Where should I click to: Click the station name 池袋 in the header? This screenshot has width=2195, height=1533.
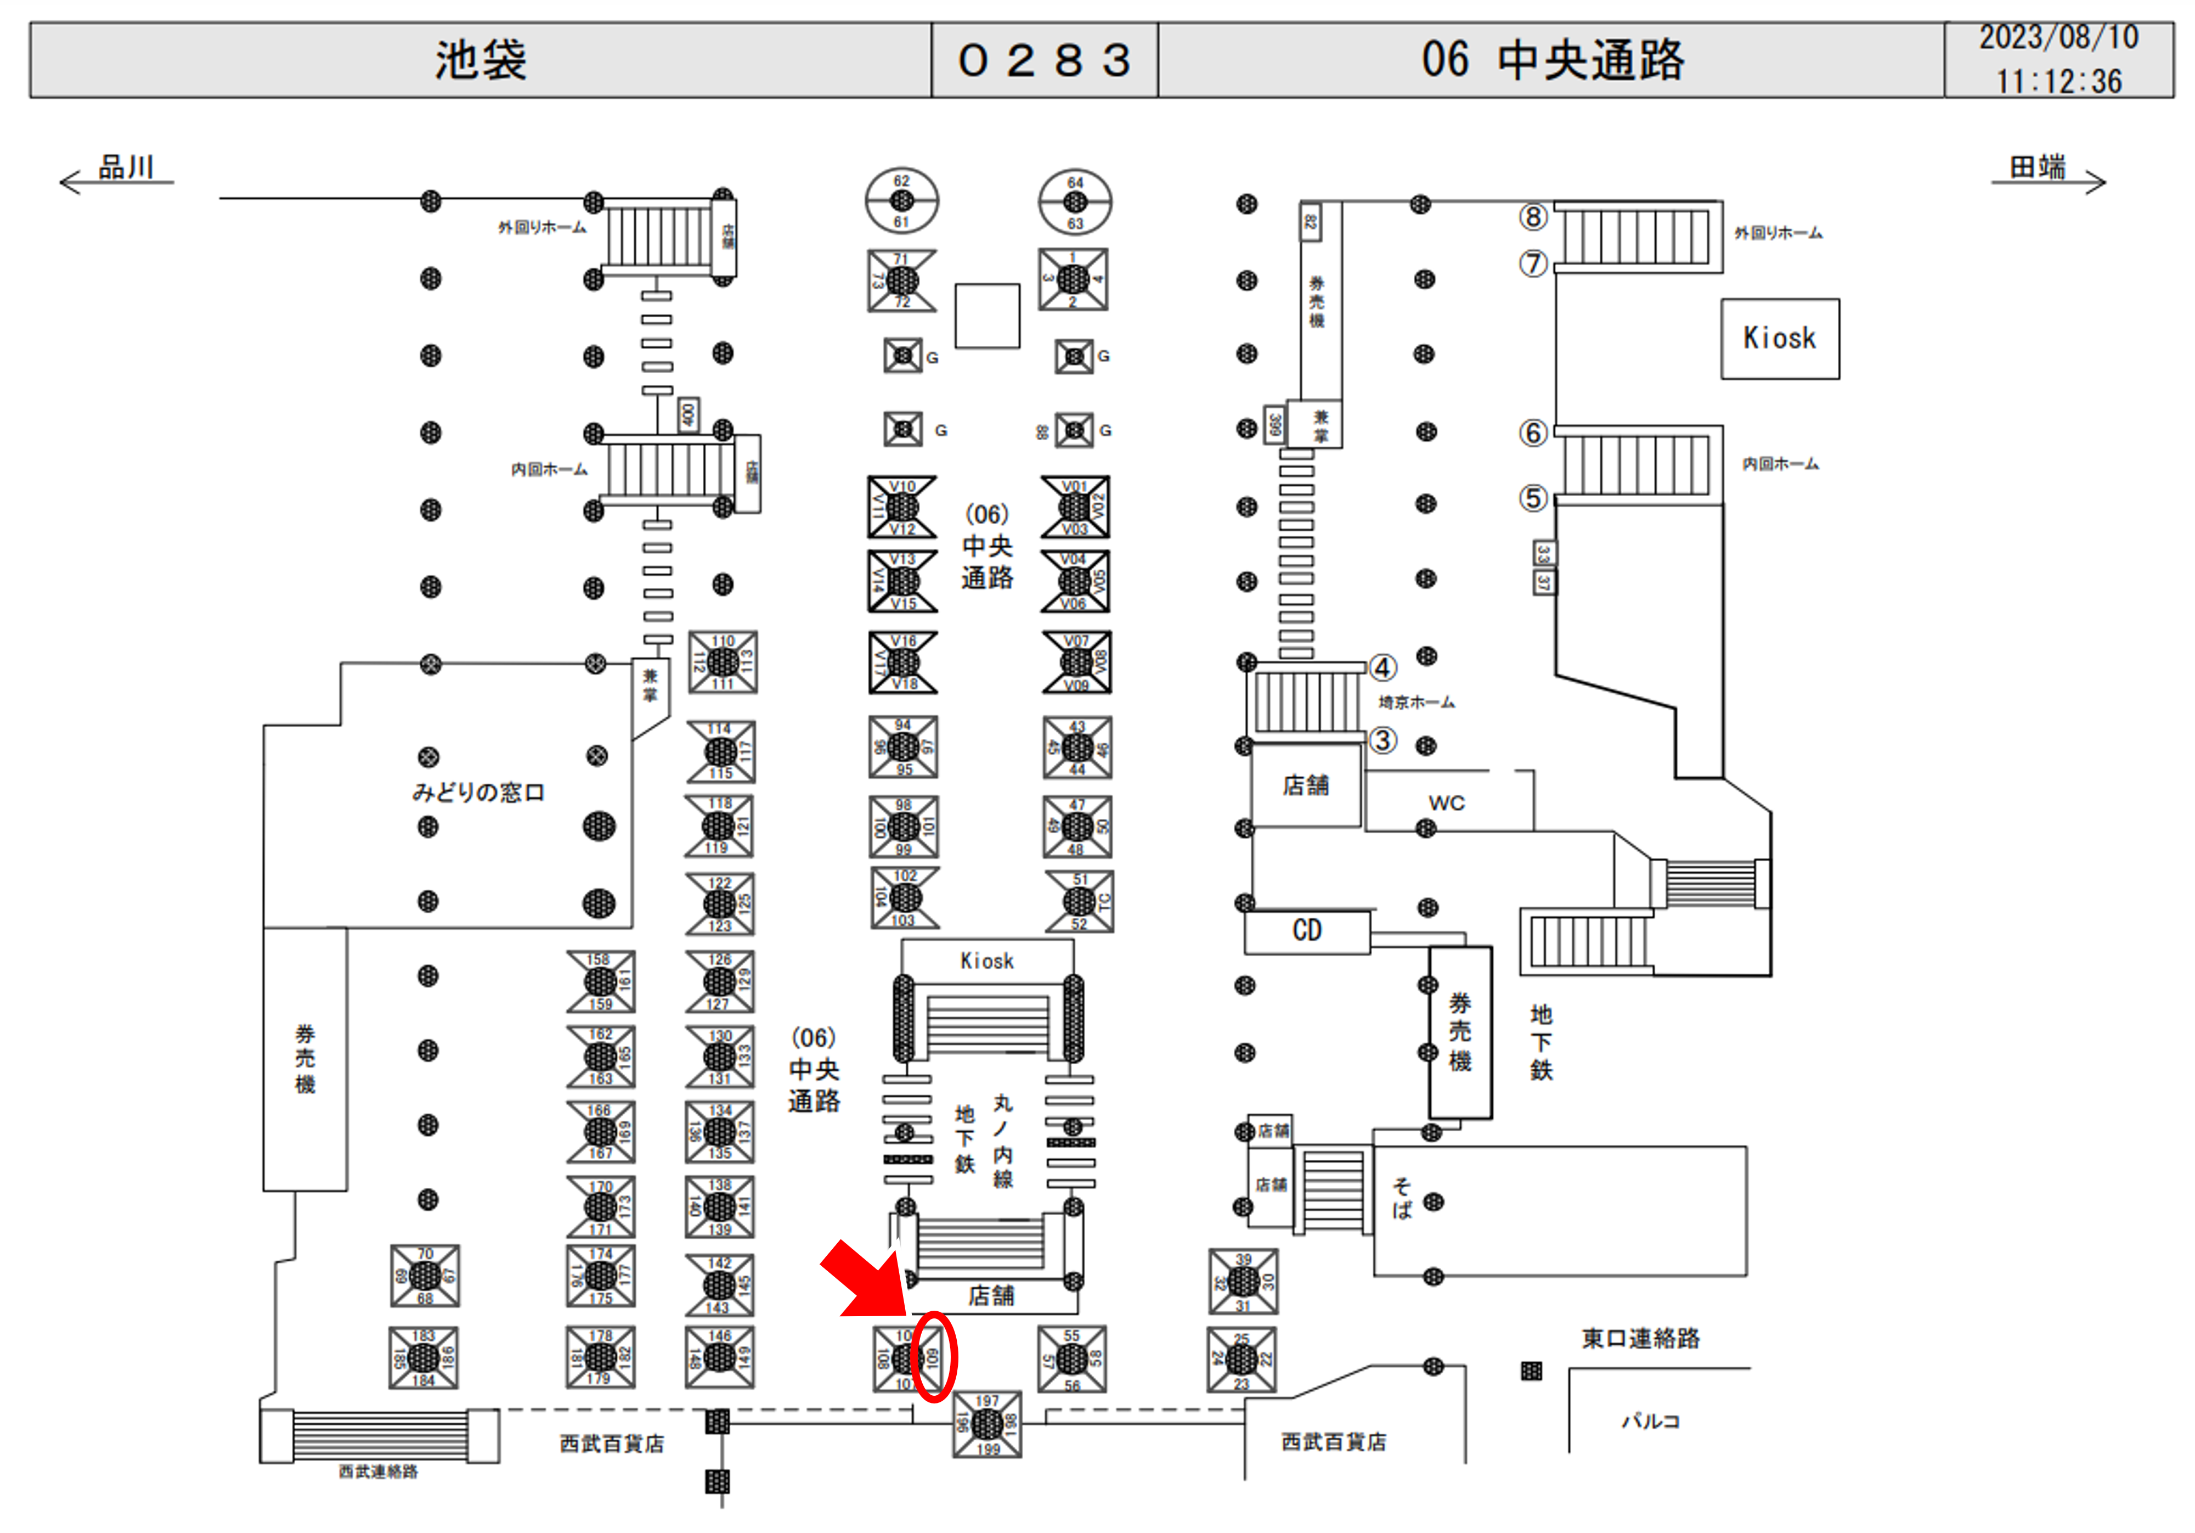click(481, 60)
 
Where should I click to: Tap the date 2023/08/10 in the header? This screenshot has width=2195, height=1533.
click(2058, 37)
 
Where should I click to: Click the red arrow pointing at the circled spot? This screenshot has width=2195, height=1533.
click(860, 1279)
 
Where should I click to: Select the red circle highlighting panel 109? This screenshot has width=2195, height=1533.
click(933, 1357)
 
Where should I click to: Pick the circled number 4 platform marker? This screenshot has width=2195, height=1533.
click(1383, 666)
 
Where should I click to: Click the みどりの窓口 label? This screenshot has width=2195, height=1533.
click(478, 792)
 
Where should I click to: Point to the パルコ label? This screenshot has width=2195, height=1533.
click(1650, 1421)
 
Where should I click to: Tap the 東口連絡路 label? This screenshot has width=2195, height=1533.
click(1640, 1338)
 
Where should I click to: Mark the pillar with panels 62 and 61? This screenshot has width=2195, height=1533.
click(901, 201)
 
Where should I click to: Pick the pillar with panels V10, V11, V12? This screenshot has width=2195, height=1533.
click(901, 507)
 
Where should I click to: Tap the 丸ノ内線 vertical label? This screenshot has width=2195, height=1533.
click(1002, 1141)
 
